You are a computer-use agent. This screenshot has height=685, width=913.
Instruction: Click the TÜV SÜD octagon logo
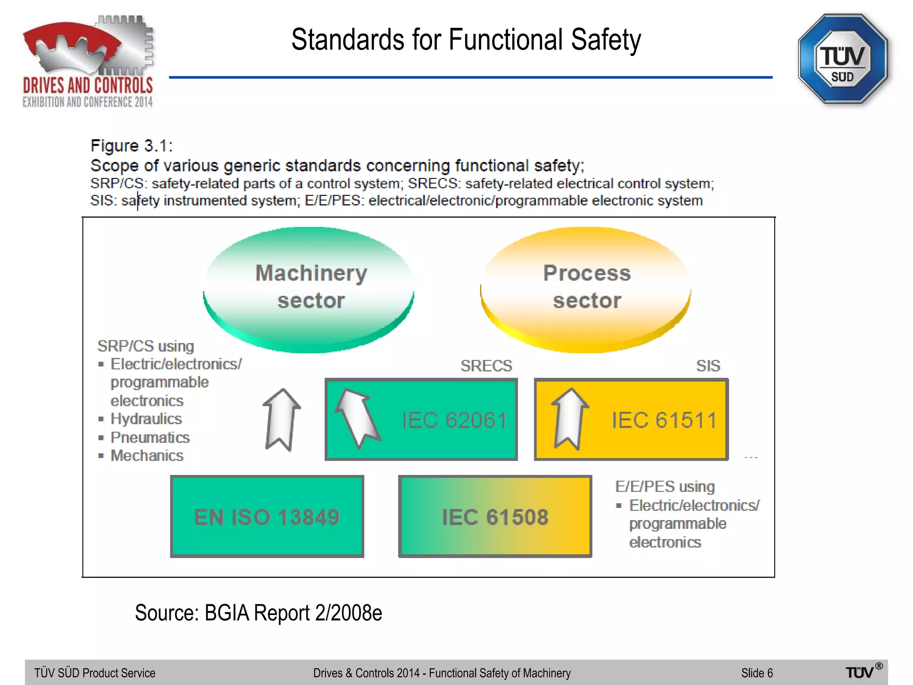tap(842, 59)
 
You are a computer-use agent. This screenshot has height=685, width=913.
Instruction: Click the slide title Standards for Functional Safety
tap(466, 40)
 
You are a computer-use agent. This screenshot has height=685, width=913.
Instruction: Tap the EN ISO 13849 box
tap(267, 516)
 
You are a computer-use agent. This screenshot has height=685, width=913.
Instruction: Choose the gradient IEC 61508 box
tap(495, 516)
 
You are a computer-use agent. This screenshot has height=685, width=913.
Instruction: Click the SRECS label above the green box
tap(486, 366)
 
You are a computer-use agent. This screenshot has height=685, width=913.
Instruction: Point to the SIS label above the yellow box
tap(708, 366)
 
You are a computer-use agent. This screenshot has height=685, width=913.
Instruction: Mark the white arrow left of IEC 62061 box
tap(281, 419)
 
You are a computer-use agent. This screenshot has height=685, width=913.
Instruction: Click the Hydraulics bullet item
tap(146, 419)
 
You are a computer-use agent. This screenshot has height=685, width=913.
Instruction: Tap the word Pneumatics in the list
tap(150, 437)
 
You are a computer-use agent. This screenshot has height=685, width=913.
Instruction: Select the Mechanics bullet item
tap(147, 456)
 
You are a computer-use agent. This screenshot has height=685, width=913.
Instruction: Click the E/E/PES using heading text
tap(665, 486)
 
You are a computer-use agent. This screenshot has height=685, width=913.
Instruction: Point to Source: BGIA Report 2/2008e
tap(258, 613)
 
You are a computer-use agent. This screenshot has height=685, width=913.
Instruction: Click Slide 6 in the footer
tap(757, 673)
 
